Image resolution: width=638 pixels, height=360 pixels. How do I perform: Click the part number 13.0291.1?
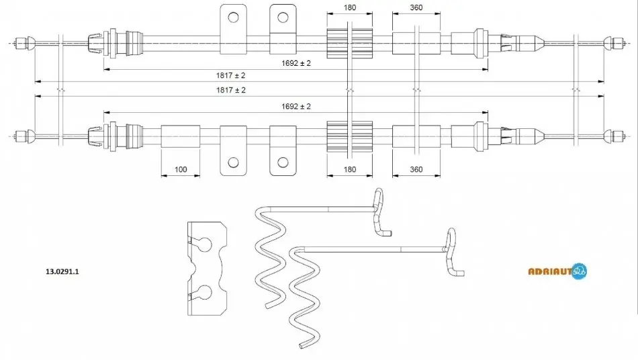click(x=62, y=271)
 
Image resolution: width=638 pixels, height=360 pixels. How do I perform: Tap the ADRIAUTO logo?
click(x=557, y=271)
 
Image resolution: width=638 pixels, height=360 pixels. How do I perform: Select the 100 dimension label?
click(x=181, y=169)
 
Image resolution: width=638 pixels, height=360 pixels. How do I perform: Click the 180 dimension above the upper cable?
click(x=349, y=7)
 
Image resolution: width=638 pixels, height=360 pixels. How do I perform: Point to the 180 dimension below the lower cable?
click(x=349, y=169)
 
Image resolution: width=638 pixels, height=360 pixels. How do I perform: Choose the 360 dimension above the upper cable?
click(x=416, y=7)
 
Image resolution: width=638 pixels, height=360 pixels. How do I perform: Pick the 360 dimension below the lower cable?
click(x=416, y=169)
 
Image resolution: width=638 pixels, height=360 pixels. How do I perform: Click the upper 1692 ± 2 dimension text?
click(x=295, y=63)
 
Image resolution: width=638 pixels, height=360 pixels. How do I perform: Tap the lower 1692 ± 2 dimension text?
click(x=295, y=106)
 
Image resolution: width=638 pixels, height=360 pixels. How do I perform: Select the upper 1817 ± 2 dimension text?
click(x=231, y=75)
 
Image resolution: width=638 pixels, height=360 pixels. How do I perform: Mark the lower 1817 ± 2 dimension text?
click(x=231, y=90)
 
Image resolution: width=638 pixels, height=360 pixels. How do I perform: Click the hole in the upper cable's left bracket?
click(x=233, y=17)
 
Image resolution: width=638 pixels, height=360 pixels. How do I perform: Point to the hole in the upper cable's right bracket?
click(x=283, y=17)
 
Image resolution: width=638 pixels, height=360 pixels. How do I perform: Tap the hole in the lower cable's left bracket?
click(x=233, y=163)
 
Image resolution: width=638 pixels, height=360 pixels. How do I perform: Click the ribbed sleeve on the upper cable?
click(x=349, y=43)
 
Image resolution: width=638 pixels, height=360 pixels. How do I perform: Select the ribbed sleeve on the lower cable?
click(x=349, y=136)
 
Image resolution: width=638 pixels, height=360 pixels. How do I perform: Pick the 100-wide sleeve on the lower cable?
click(x=181, y=136)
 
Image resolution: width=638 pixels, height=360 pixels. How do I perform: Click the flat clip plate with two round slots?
click(x=207, y=269)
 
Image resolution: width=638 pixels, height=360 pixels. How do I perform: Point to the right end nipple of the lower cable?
click(x=614, y=136)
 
